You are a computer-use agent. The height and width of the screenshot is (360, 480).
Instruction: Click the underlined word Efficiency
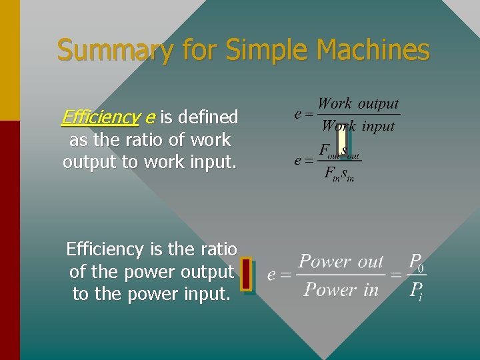pos(99,117)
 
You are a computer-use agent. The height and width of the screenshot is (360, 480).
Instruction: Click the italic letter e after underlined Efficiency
pos(149,118)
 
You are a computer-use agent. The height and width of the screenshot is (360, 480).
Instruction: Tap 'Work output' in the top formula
pos(358,104)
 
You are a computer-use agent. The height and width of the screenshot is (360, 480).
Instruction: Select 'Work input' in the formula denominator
pos(358,126)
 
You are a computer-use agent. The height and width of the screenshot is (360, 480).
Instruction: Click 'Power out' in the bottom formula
pos(341,261)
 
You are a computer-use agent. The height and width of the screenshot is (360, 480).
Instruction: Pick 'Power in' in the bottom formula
pos(341,290)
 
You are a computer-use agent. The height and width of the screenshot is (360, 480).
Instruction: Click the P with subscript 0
pos(417,261)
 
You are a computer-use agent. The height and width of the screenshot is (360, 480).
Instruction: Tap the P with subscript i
pos(417,291)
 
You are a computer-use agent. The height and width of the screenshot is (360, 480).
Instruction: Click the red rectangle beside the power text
pos(246,274)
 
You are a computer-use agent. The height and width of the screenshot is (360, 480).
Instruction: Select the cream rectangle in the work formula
pos(341,140)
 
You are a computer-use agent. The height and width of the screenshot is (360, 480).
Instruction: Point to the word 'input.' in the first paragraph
pos(214,162)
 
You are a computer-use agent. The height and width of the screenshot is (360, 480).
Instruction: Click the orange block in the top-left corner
pos(10,60)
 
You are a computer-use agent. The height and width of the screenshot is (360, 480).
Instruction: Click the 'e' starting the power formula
pos(271,275)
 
